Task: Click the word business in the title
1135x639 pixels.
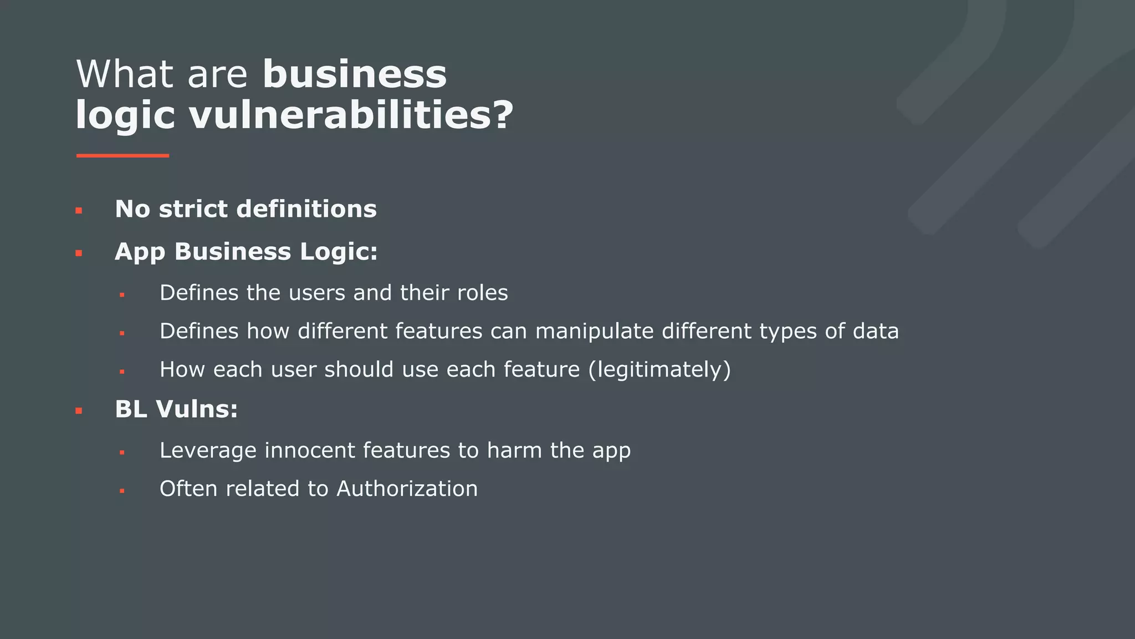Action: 355,74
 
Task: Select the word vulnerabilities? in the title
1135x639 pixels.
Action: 351,115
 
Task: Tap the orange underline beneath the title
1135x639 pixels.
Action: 122,156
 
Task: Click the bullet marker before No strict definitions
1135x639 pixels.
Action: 79,211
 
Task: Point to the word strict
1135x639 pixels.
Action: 193,209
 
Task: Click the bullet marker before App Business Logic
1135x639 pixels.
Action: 79,253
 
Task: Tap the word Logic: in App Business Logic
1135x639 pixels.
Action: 339,252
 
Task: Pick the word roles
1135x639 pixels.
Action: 482,293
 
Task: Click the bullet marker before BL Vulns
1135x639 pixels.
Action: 79,411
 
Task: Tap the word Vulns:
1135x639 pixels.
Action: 197,409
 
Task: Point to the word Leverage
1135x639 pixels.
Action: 208,450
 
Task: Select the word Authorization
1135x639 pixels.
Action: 407,489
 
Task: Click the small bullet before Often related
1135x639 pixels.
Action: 122,491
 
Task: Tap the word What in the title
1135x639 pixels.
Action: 127,74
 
